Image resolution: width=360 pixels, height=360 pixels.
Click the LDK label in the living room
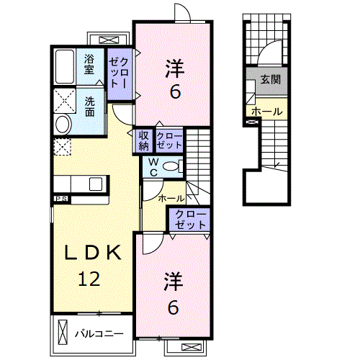coord(93,252)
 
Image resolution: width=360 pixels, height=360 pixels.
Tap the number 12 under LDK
coord(89,279)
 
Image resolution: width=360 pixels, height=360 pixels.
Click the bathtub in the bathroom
coord(64,66)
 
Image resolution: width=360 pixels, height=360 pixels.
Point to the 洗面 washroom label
coord(89,107)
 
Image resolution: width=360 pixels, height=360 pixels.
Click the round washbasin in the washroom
coord(63,125)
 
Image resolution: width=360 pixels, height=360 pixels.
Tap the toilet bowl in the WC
coord(171,166)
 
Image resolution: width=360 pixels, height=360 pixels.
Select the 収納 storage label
coord(144,141)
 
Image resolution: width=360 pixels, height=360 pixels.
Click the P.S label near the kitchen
coord(61,199)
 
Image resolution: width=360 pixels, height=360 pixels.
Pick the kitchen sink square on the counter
coord(96,184)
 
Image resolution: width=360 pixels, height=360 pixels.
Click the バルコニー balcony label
coord(99,333)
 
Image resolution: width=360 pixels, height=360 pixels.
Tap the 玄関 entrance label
coord(271,79)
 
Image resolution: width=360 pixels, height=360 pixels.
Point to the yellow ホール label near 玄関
coord(267,112)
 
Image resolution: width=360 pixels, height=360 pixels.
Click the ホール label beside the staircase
coord(171,199)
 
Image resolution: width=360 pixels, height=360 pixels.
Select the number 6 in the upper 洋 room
coord(175,92)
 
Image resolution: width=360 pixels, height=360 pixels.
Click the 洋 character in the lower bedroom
coord(174,282)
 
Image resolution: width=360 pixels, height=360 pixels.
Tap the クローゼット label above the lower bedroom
coord(190,220)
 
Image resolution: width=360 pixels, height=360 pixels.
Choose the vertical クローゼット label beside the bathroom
coord(120,73)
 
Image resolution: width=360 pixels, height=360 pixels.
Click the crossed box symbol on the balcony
coord(63,333)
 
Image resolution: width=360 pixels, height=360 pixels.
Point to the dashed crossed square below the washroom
coord(62,147)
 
